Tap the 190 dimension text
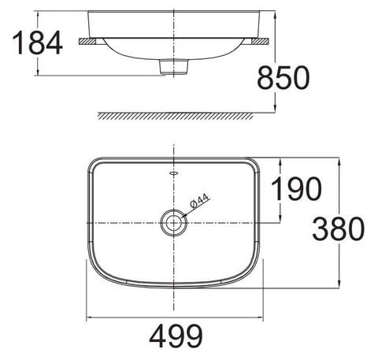(296, 189)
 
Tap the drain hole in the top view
(172, 223)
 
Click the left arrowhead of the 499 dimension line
(89, 319)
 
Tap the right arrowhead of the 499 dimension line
(261, 319)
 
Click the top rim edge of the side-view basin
(172, 11)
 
